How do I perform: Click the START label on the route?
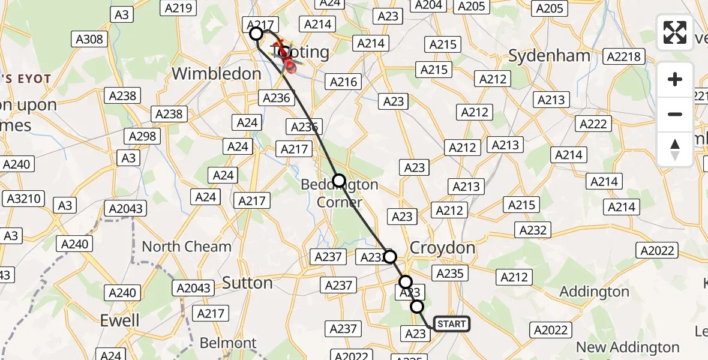coord(451,325)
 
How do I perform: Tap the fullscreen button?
coord(675,32)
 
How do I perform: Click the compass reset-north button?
coord(675,149)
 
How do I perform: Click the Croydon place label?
coord(442,248)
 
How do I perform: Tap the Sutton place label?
coord(247,283)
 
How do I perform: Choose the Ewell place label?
coord(120,320)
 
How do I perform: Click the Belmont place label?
coord(227,343)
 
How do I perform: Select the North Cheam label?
coord(187,247)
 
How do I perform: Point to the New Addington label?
coord(628,347)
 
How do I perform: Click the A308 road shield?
coord(90,40)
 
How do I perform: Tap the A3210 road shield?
coord(22,199)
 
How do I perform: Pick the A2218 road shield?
coord(624,57)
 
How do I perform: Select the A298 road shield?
coord(142,136)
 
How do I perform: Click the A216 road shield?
coord(344,82)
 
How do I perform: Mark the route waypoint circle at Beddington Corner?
coord(339,180)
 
